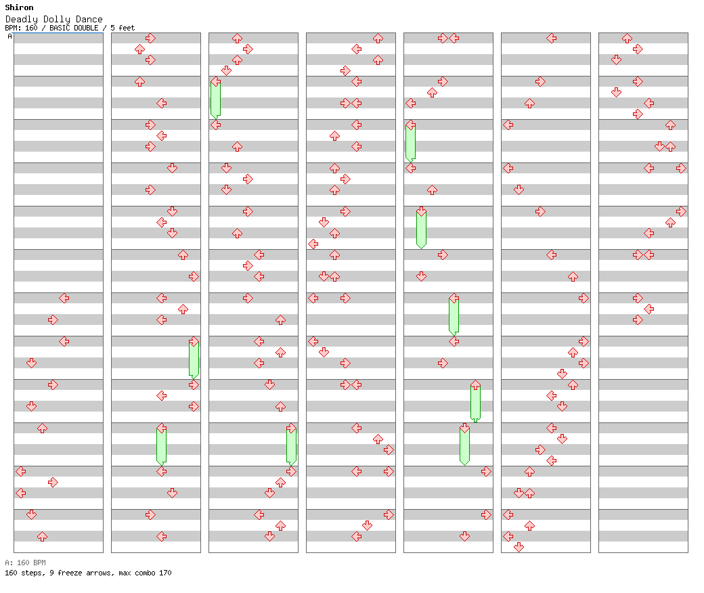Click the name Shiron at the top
coord(19,8)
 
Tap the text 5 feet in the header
coord(123,28)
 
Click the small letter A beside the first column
coord(9,37)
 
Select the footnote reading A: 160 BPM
coord(25,563)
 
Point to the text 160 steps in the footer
coord(22,573)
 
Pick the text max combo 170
coord(145,573)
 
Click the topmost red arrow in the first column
coord(64,298)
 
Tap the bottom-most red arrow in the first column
coord(42,536)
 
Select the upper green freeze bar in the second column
coord(194,359)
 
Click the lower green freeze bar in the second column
coord(161,445)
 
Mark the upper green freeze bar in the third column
coord(215,99)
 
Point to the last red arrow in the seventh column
coord(638,320)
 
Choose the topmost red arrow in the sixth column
coord(551,38)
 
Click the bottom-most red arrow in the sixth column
coord(519,547)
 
